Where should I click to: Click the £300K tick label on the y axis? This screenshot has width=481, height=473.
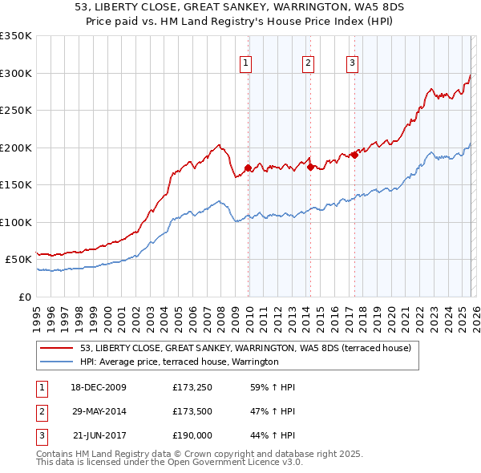pos(16,73)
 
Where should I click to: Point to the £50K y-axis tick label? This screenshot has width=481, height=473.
pos(18,260)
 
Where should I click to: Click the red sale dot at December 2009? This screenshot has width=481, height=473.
pos(249,168)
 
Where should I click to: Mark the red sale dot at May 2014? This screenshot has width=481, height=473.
pos(310,168)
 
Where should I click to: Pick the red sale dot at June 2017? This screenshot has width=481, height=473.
pos(354,155)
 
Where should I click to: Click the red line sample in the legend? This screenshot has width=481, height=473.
pos(58,348)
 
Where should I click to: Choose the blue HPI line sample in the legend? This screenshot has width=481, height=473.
pos(58,362)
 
